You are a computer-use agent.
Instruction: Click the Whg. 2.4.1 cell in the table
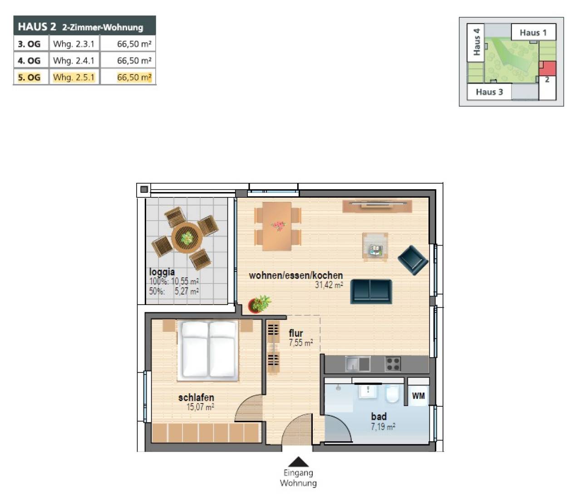tap(74, 60)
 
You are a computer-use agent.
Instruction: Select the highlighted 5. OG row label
tap(29, 77)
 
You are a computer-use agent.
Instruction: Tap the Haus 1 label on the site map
tap(533, 33)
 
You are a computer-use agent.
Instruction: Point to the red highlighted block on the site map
tap(547, 68)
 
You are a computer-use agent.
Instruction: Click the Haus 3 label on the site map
tap(489, 92)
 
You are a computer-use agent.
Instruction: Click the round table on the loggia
tap(187, 238)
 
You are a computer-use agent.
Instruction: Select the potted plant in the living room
tap(259, 304)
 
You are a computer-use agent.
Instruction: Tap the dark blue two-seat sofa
tap(371, 291)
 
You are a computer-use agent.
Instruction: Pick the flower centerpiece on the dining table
tap(278, 226)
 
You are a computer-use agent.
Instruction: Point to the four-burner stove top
tap(393, 364)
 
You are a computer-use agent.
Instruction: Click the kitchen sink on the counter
tap(358, 364)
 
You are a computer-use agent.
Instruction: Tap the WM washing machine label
tap(418, 396)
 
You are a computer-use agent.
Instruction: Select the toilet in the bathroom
tap(393, 394)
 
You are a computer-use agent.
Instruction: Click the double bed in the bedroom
tap(208, 350)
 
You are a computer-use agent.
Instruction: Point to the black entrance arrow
tap(298, 462)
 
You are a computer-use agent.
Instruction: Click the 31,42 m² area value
tap(329, 285)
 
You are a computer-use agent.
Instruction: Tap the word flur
tap(295, 333)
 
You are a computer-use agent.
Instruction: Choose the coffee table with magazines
tap(375, 246)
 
